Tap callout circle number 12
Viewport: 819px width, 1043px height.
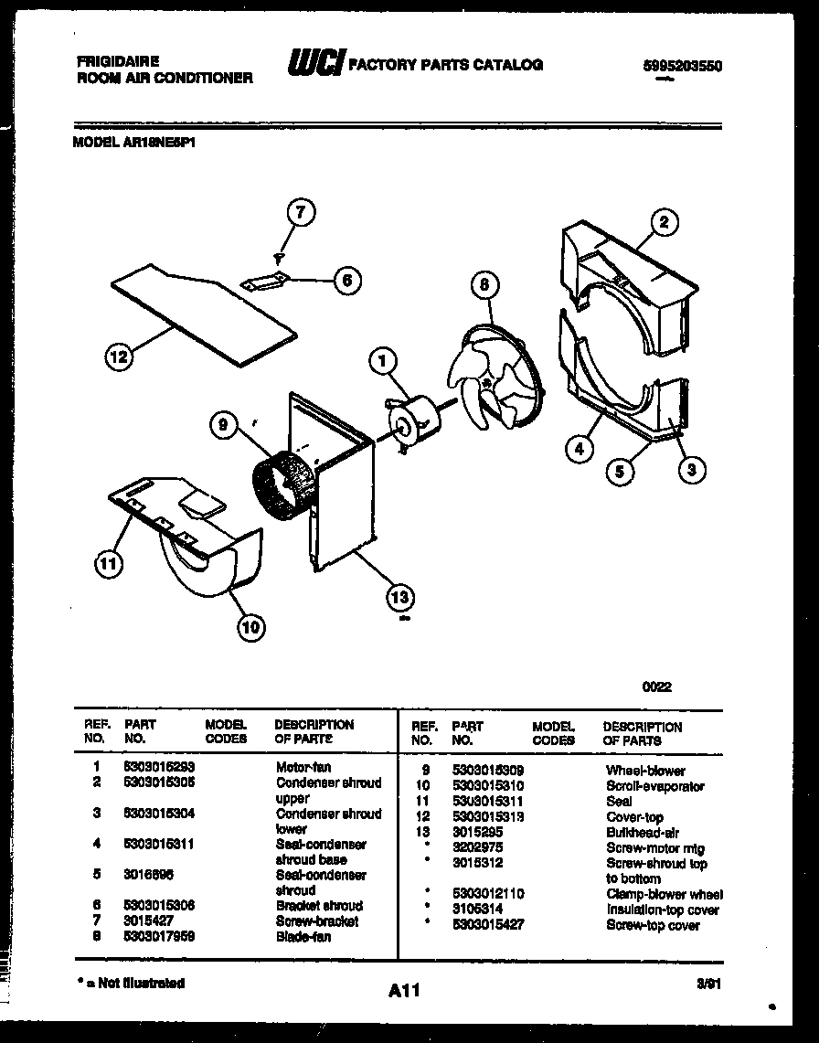pos(118,357)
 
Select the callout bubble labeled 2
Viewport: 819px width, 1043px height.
pos(665,221)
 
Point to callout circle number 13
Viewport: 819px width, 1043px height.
pos(400,598)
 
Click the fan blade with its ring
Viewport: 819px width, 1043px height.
pos(495,375)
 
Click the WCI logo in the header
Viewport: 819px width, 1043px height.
pos(314,63)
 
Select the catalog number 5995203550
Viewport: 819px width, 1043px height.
pos(676,66)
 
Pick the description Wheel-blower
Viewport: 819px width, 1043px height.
pos(644,771)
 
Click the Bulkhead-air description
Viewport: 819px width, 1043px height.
pos(642,833)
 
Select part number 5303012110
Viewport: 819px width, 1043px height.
pos(488,894)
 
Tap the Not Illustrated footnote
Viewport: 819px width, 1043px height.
pos(131,984)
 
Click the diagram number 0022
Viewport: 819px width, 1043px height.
pos(657,687)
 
